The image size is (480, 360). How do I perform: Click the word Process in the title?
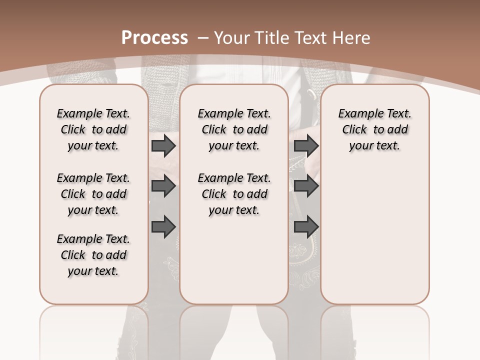pyautogui.click(x=154, y=38)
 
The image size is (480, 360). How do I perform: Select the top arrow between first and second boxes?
pyautogui.click(x=163, y=146)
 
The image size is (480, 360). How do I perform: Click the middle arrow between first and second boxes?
pyautogui.click(x=163, y=186)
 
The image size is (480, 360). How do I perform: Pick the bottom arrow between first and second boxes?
pyautogui.click(x=163, y=226)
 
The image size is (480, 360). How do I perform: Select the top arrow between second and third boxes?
pyautogui.click(x=306, y=146)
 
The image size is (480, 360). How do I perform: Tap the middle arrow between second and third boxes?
pyautogui.click(x=306, y=186)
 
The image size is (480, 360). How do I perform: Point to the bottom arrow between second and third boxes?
pyautogui.click(x=306, y=226)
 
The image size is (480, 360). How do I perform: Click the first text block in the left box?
pyautogui.click(x=93, y=129)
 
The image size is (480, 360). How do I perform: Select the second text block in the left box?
pyautogui.click(x=93, y=194)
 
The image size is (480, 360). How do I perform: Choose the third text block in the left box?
pyautogui.click(x=93, y=255)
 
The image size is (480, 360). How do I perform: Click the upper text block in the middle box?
pyautogui.click(x=234, y=129)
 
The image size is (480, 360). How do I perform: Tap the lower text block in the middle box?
pyautogui.click(x=234, y=194)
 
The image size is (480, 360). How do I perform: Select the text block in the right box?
pyautogui.click(x=375, y=129)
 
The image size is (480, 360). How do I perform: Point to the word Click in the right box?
pyautogui.click(x=354, y=130)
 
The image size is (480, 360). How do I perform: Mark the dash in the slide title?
pyautogui.click(x=203, y=38)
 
